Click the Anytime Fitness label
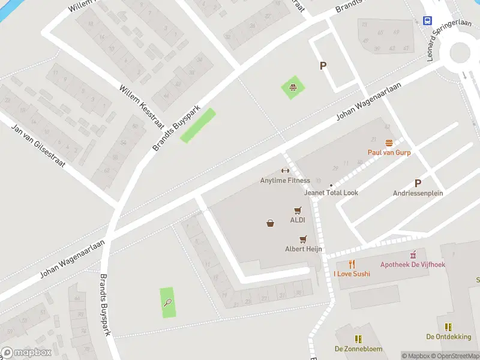(285, 181)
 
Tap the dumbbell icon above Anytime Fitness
(285, 171)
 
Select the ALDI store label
(298, 220)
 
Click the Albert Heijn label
(304, 248)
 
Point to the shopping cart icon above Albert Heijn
(303, 238)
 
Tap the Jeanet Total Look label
(331, 193)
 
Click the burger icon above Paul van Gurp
(389, 143)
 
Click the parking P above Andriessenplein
(418, 184)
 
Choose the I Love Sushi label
(352, 274)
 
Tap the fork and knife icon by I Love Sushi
(352, 264)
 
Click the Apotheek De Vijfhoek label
(413, 264)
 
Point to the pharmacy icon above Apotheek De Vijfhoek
(413, 254)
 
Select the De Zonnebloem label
(358, 349)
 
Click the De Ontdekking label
(448, 337)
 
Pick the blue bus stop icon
(427, 20)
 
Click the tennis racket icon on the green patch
(169, 303)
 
